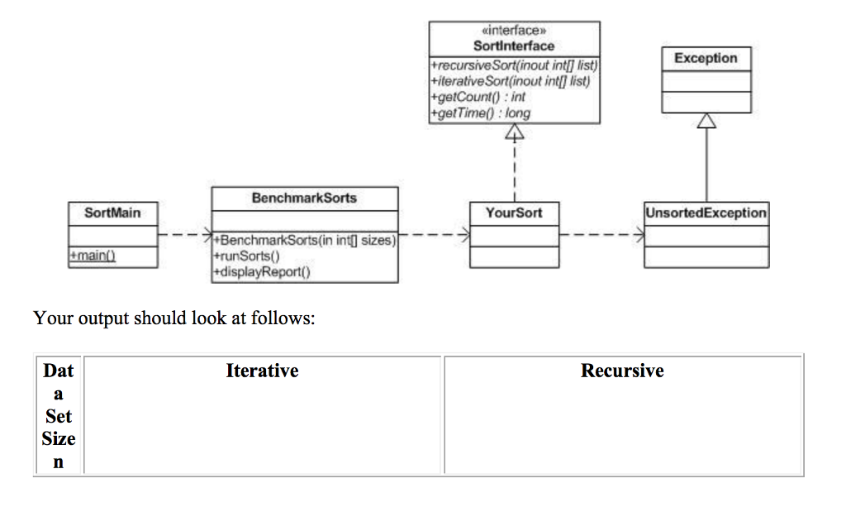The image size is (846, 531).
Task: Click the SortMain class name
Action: (113, 213)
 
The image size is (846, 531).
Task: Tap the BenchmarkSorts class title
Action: (304, 199)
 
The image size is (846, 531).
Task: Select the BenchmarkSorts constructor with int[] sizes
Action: (306, 242)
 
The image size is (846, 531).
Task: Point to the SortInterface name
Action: (514, 45)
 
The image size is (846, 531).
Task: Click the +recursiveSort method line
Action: (514, 65)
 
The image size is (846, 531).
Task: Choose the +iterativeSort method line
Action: (511, 80)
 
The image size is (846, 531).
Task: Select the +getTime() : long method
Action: (481, 112)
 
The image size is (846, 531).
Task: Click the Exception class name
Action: (706, 58)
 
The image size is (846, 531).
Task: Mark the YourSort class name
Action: (514, 213)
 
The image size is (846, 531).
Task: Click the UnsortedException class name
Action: (706, 213)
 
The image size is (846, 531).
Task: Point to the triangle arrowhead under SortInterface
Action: (515, 133)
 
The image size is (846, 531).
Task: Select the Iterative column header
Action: (262, 371)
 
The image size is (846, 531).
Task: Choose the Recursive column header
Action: (622, 371)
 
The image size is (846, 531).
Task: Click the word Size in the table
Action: (59, 438)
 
